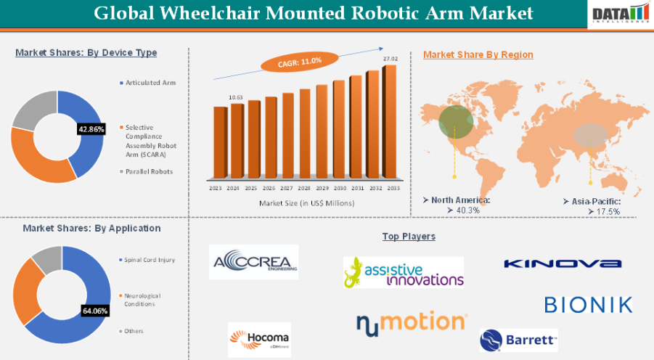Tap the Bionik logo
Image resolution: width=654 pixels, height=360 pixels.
(x=588, y=304)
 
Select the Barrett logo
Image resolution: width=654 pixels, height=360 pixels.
(x=518, y=340)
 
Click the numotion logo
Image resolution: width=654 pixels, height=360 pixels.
(x=411, y=322)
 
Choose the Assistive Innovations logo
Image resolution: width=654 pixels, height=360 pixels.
(x=403, y=271)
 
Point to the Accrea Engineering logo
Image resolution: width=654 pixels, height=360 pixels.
(x=253, y=263)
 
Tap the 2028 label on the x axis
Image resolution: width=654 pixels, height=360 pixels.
(x=303, y=187)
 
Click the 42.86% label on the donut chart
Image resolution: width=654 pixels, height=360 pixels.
(x=91, y=128)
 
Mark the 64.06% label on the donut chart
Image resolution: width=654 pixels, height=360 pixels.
(x=95, y=311)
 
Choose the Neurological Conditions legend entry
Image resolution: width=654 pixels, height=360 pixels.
(x=142, y=300)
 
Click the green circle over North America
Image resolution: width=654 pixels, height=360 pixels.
(x=456, y=120)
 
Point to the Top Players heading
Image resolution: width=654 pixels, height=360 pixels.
(x=409, y=237)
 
